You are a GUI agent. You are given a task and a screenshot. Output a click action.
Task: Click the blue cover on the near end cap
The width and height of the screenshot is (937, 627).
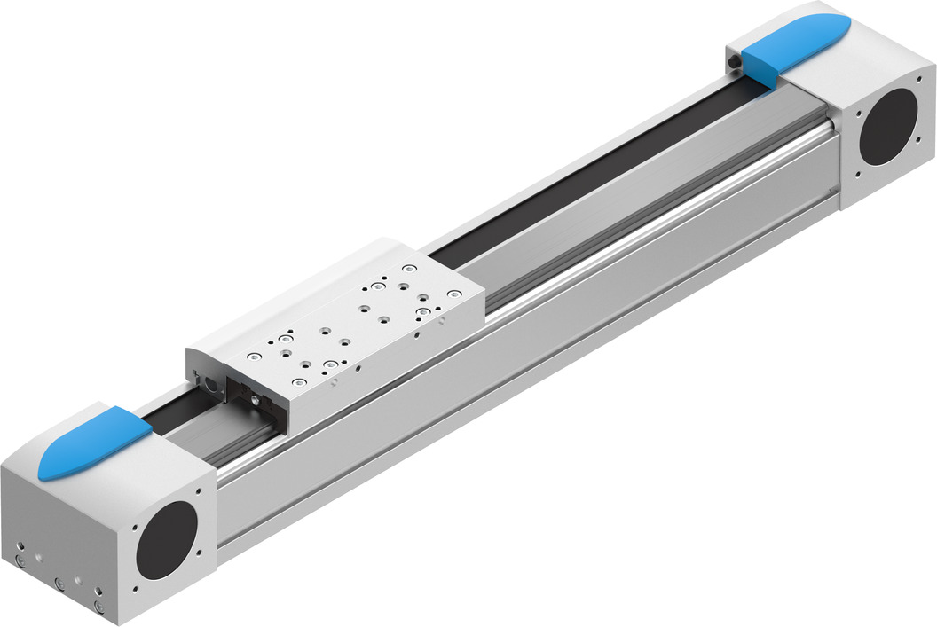coord(93,443)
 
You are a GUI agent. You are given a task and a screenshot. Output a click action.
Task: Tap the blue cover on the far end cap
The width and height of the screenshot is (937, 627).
coord(794,44)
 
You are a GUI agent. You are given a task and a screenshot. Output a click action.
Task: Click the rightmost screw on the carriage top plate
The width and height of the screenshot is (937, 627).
coord(453,294)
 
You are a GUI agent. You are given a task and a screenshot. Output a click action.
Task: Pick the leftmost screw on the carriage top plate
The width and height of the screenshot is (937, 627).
coord(255,356)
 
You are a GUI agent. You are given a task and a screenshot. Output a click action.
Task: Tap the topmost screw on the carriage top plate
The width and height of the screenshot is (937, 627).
coord(408,268)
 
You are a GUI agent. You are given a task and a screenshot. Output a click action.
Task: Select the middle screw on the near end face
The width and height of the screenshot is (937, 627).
coord(59,583)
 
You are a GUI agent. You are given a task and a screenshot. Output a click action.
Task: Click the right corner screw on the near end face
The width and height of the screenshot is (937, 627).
coord(99,607)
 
